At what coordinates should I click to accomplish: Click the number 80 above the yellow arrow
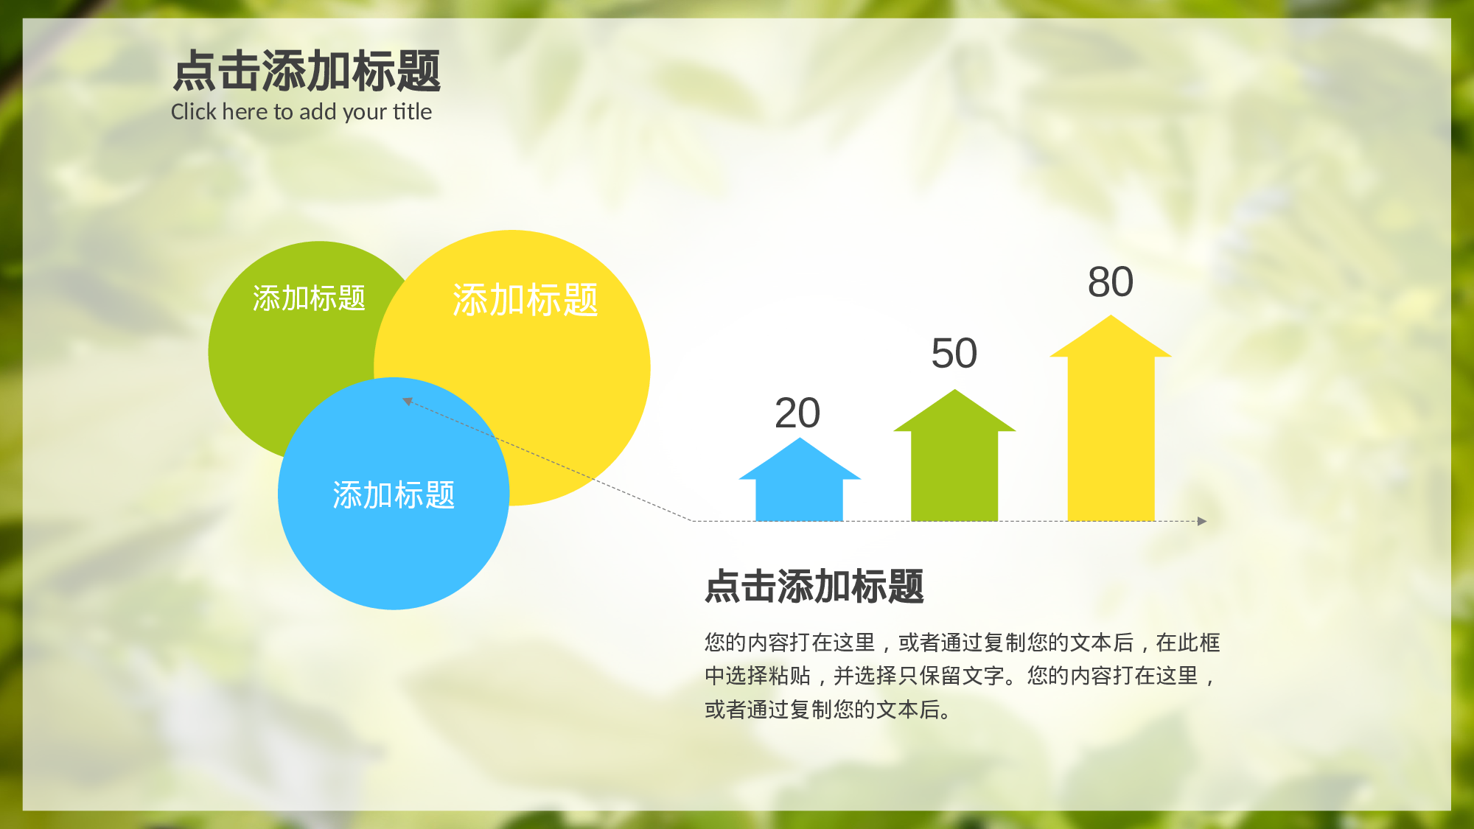click(1110, 282)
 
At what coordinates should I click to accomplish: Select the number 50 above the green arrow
click(954, 354)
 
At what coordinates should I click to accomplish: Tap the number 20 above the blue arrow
click(797, 413)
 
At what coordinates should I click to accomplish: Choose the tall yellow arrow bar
click(1111, 435)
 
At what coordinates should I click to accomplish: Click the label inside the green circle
click(309, 298)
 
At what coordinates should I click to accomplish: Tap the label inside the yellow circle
click(525, 300)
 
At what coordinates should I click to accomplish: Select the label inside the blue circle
click(394, 494)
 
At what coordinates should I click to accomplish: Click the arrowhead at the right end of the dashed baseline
click(1202, 521)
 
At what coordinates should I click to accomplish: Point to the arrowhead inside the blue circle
click(407, 401)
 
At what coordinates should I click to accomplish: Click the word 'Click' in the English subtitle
click(193, 112)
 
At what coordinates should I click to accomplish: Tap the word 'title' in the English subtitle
click(412, 112)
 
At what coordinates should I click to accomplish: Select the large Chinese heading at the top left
click(307, 71)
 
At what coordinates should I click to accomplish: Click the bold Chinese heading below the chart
click(814, 587)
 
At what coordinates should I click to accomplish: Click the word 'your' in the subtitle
click(365, 113)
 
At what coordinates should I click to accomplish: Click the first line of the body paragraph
click(962, 643)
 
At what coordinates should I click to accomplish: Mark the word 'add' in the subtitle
click(318, 112)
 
